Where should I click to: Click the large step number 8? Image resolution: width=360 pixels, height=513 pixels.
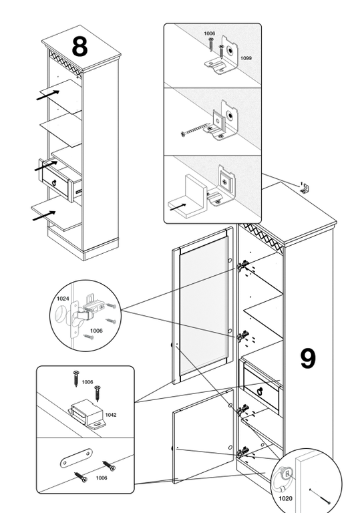point(79,47)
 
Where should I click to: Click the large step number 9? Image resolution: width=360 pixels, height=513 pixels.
point(308,359)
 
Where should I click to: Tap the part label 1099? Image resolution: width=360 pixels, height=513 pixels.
point(246,58)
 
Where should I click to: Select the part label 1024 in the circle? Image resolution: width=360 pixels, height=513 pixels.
point(63,299)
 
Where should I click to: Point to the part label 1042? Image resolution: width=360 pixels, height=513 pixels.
point(111,415)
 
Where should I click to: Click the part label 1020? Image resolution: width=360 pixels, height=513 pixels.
point(285,498)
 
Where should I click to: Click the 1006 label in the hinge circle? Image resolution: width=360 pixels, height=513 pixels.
point(96,331)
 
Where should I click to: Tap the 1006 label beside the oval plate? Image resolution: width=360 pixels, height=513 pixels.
point(102,478)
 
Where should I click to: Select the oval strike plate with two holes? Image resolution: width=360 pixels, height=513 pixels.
point(76,458)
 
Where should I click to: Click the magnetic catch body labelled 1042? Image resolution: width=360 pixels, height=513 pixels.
point(87,413)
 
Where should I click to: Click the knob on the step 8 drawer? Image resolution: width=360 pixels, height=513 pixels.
point(54,182)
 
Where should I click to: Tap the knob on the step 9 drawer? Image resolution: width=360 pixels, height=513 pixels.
point(260,391)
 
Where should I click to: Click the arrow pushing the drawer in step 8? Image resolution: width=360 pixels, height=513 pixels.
point(46,166)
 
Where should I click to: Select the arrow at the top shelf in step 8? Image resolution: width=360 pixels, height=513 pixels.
point(48,95)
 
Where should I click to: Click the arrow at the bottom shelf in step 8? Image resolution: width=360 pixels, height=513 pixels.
point(44,216)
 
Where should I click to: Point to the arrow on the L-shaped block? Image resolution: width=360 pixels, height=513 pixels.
point(178,207)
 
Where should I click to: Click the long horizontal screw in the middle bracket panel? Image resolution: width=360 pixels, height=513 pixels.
point(196,129)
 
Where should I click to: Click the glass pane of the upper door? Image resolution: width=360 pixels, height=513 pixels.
point(204,307)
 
